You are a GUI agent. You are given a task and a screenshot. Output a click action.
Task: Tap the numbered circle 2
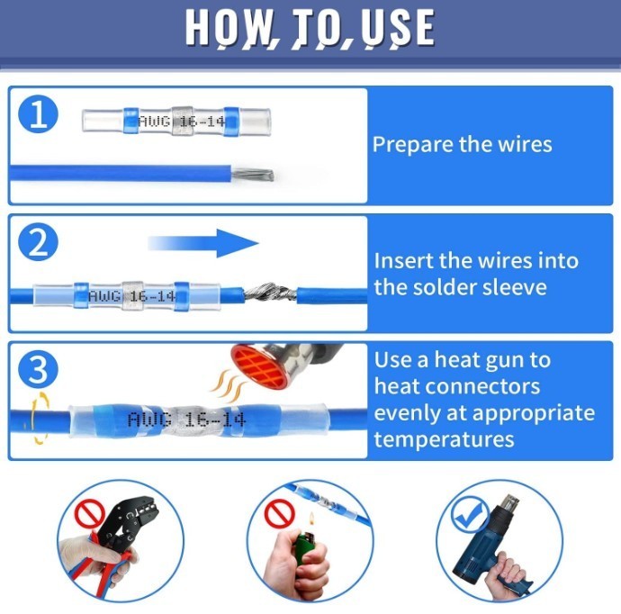[x=39, y=242]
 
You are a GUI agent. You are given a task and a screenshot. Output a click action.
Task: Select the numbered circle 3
[x=39, y=370]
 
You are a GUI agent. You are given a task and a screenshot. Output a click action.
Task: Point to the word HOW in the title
[x=227, y=27]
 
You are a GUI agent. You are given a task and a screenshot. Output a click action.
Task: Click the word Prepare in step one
[x=411, y=145]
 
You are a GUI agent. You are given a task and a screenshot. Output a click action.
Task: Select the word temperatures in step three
[x=444, y=439]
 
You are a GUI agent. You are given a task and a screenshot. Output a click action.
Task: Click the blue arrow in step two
[x=203, y=243]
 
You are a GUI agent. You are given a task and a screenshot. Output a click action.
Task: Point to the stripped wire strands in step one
[x=252, y=175]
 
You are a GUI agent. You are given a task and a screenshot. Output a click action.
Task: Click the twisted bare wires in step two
[x=270, y=293]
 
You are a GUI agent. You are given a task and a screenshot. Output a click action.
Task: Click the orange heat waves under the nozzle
[x=228, y=386]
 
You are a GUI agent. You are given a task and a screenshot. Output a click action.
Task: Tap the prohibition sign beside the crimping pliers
[x=90, y=513]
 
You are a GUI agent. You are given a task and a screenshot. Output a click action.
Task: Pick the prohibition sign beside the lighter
[x=280, y=514]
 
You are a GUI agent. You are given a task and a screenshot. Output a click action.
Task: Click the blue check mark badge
[x=470, y=514]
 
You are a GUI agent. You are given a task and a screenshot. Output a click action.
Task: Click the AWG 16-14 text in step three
[x=186, y=420]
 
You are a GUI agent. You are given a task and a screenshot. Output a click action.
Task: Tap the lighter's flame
[x=311, y=519]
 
